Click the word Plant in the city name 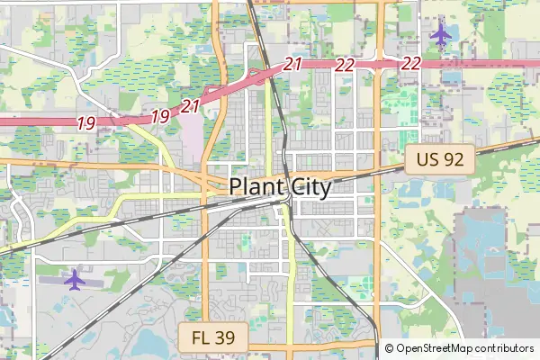pos(256,186)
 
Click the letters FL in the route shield pos(203,339)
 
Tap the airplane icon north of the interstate pos(440,35)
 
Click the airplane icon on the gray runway pos(74,280)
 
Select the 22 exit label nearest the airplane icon pos(412,63)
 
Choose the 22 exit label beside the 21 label pos(344,64)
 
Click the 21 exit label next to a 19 pos(190,106)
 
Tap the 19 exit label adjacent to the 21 pos(160,115)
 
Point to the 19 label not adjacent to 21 pos(85,123)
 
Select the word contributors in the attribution pos(507,348)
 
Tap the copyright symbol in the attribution pos(389,348)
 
